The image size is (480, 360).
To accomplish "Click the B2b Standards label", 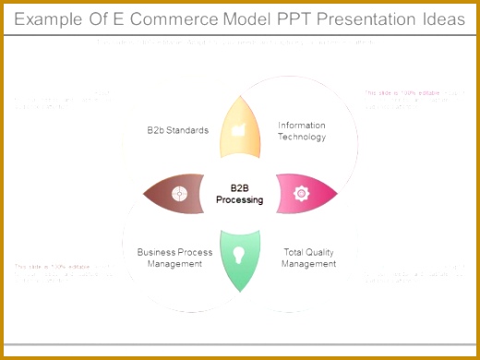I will point(177,130).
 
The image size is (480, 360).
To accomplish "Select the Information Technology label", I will point(302,131).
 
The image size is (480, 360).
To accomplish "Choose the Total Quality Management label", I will point(308,258).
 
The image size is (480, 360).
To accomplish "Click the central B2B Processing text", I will point(240,193).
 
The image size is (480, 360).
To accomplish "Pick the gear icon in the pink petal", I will point(300,193).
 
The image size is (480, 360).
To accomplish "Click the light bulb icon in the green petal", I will point(239,254).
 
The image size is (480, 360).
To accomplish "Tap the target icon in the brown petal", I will point(179,193).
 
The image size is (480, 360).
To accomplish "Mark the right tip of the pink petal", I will point(338,194).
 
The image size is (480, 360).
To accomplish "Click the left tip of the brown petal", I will point(142,194).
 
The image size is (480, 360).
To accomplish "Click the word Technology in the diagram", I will point(302,137).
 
